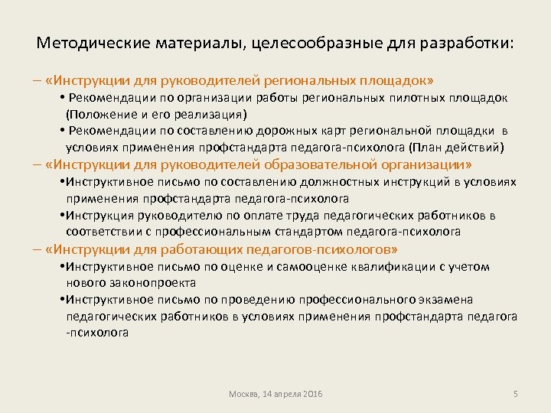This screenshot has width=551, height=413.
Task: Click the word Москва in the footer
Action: click(x=244, y=393)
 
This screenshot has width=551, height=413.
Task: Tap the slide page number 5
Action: click(x=516, y=393)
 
